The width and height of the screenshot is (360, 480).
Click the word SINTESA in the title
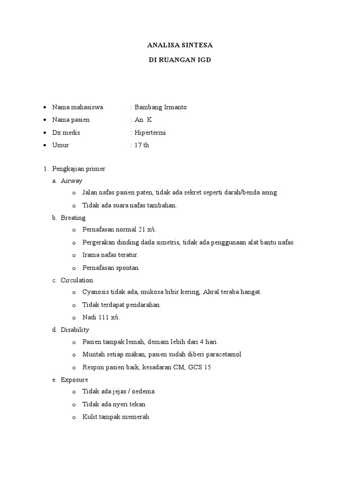click(197, 45)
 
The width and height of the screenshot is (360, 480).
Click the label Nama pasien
click(71, 120)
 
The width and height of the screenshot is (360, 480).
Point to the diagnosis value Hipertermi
click(150, 133)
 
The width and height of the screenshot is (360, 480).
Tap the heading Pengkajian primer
click(79, 169)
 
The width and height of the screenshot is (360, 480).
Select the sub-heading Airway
click(71, 180)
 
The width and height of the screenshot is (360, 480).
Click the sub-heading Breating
click(73, 218)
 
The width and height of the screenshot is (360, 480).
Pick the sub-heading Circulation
click(77, 280)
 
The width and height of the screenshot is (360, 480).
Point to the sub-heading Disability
click(75, 330)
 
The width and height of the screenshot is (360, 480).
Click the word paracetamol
click(224, 354)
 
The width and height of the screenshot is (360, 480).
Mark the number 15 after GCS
click(207, 367)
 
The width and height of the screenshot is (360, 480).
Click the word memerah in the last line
click(137, 416)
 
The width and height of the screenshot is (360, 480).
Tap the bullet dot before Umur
click(44, 145)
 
